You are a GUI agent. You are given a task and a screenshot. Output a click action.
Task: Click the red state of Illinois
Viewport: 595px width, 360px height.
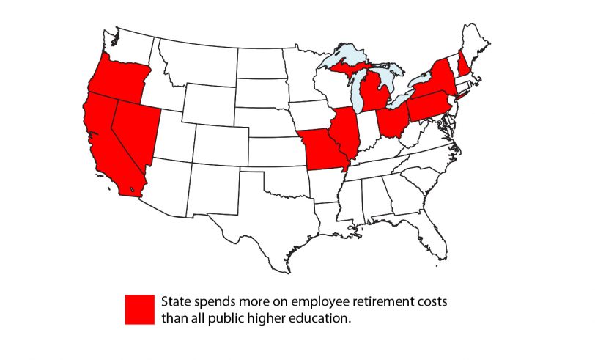pos(345,132)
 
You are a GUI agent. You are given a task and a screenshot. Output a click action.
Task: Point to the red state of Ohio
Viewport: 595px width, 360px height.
pos(391,121)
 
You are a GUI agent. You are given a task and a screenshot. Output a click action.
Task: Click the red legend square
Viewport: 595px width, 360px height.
pos(139,309)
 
